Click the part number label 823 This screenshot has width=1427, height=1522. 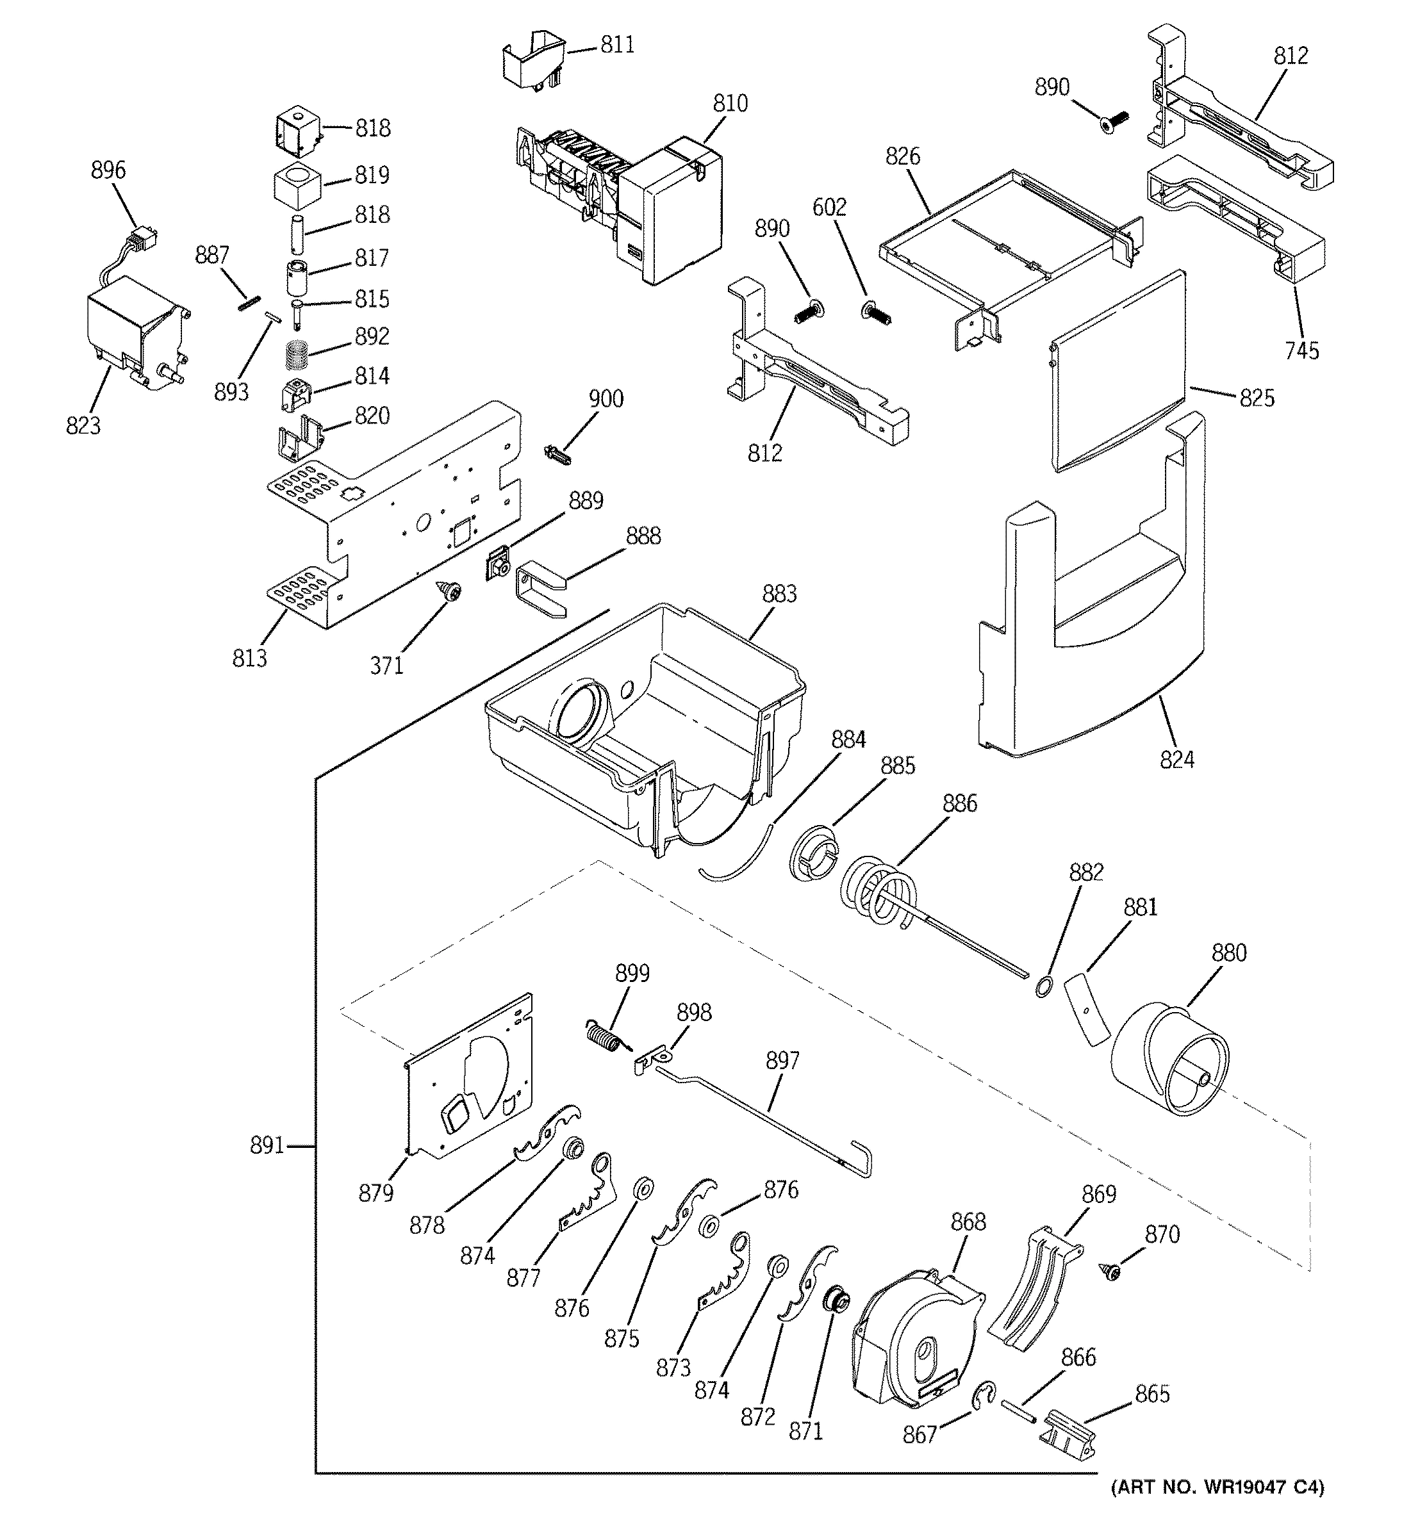83,426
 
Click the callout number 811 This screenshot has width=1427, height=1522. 616,45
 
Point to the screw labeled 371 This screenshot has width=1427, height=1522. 450,590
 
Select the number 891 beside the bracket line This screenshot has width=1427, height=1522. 267,1146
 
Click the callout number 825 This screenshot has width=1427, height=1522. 1257,398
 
